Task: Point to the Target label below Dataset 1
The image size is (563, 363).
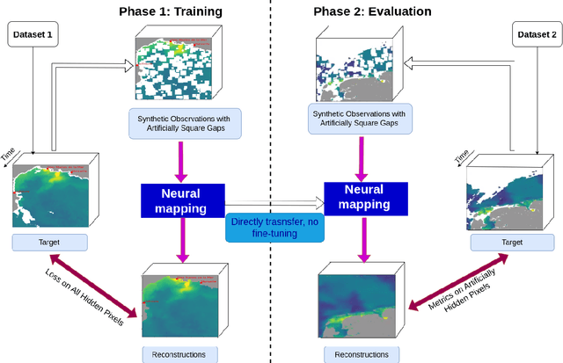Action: [49, 242]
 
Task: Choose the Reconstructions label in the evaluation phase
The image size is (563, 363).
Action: [358, 353]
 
